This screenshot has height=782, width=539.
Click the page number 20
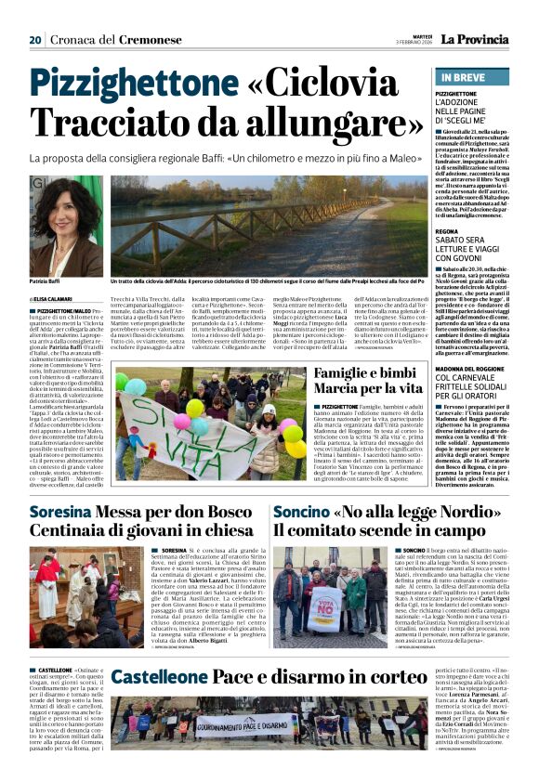coord(35,39)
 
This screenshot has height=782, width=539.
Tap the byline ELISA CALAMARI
coord(56,299)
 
